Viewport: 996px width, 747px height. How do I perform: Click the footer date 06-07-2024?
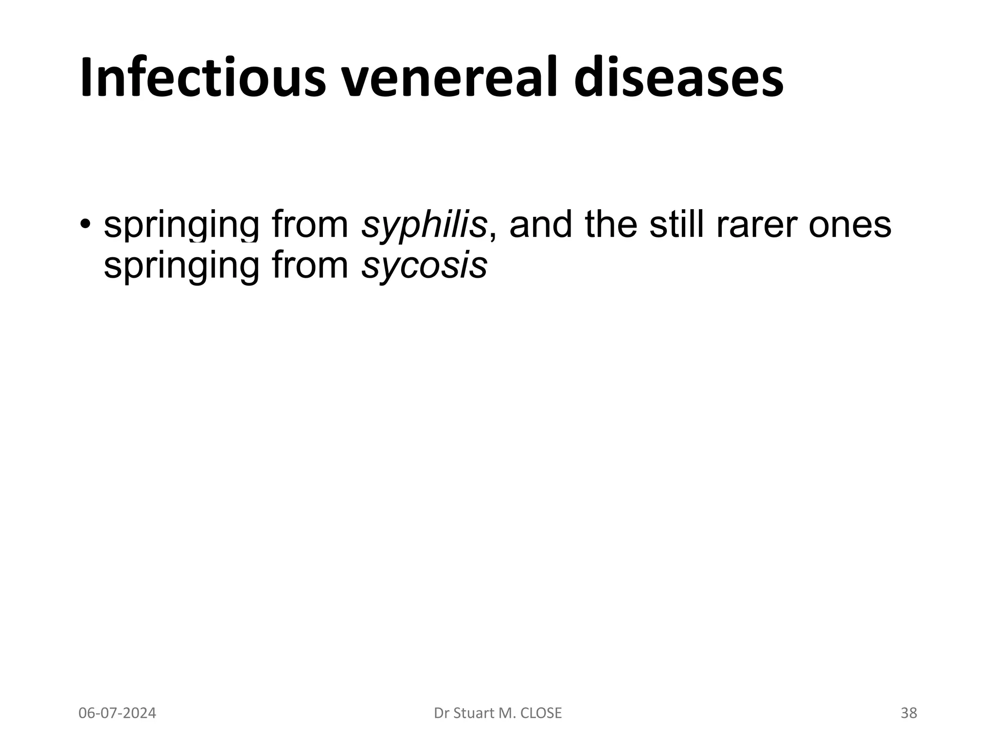pos(117,713)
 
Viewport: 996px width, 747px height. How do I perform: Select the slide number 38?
pos(908,713)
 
